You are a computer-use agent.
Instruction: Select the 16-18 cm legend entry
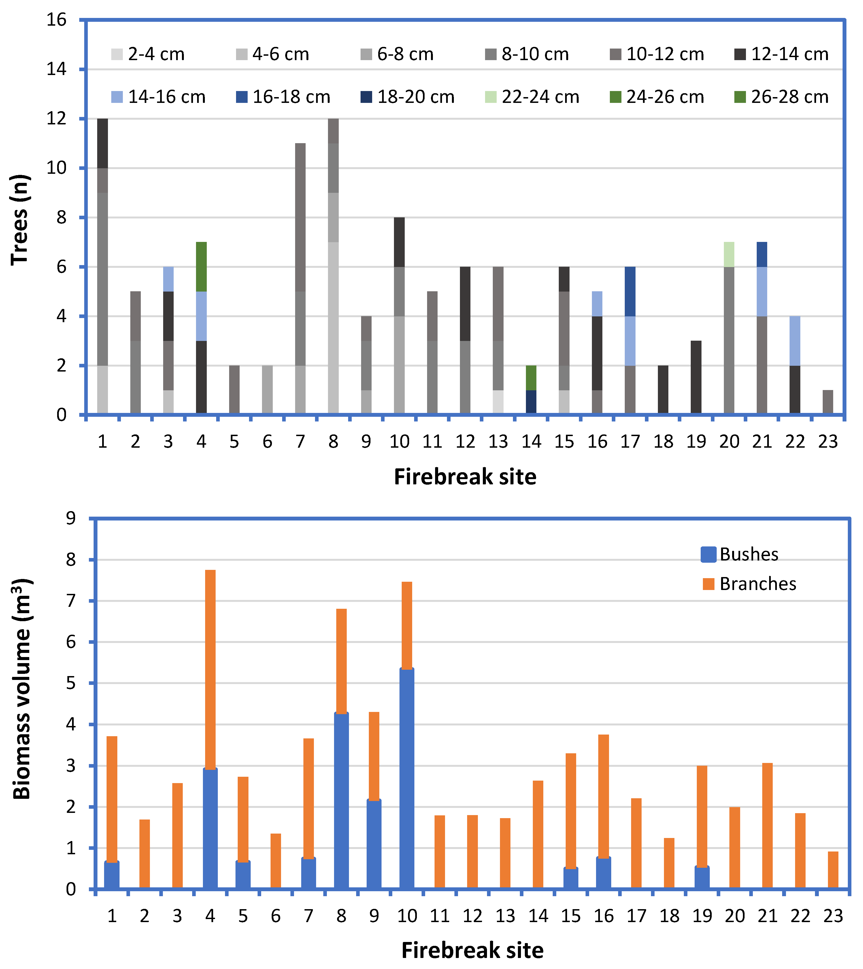click(283, 97)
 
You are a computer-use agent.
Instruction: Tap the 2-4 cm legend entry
click(148, 54)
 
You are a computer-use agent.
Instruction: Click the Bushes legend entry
click(740, 554)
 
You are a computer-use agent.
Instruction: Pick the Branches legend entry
click(749, 584)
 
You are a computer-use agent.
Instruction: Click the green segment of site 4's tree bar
click(201, 266)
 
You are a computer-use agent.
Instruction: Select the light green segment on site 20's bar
click(729, 255)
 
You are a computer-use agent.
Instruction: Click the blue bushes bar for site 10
click(407, 778)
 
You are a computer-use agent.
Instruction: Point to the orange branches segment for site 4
click(210, 668)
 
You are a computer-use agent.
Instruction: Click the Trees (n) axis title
click(20, 220)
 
